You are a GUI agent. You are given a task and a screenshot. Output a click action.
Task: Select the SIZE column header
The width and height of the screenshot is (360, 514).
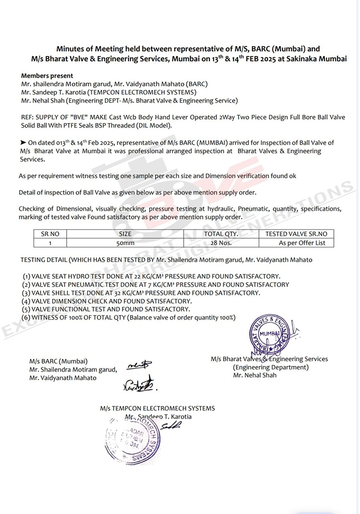pyautogui.click(x=125, y=234)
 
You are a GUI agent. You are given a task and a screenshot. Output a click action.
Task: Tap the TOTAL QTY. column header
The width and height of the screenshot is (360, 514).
pyautogui.click(x=220, y=234)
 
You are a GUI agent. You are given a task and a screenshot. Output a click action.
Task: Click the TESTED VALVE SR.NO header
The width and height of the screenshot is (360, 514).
pyautogui.click(x=296, y=234)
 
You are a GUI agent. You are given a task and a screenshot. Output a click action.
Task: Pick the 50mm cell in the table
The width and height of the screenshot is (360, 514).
pyautogui.click(x=125, y=243)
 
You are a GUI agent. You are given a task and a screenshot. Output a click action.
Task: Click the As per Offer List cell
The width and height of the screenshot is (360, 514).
pyautogui.click(x=302, y=243)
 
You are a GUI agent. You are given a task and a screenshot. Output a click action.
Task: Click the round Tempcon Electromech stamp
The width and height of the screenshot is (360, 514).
pyautogui.click(x=134, y=439)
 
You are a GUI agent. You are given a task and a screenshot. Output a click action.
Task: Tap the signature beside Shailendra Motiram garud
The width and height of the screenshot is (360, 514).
pyautogui.click(x=141, y=367)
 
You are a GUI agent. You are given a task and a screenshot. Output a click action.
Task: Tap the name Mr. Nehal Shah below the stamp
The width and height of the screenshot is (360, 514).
pyautogui.click(x=255, y=375)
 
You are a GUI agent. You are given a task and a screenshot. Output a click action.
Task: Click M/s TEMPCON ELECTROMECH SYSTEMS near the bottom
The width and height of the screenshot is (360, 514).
pyautogui.click(x=157, y=409)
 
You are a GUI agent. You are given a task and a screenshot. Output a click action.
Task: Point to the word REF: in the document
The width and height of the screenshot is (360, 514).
pyautogui.click(x=28, y=117)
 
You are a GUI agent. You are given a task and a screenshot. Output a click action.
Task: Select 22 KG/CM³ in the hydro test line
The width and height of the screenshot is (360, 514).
pyautogui.click(x=152, y=277)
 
